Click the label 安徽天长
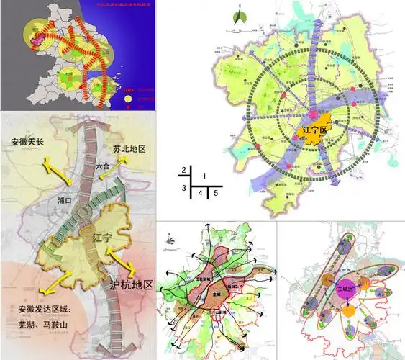click(27, 142)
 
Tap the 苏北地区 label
click(129, 148)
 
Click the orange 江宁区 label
click(317, 130)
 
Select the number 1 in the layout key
click(205, 176)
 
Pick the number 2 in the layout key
click(184, 170)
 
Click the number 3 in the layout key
click(184, 188)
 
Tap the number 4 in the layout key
click(201, 193)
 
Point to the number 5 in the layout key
click(216, 193)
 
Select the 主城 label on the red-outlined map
click(214, 294)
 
